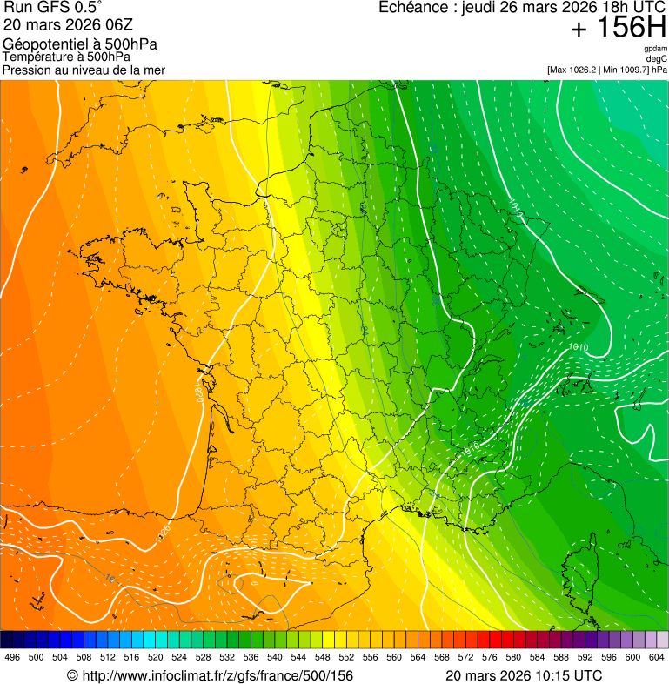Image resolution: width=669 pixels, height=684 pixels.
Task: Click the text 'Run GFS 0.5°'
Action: pos(53,9)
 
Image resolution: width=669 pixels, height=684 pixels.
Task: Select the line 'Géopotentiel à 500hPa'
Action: pos(80,44)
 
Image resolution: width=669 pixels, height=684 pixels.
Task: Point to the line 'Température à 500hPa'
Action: pos(66,57)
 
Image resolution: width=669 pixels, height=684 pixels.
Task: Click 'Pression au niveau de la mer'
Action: pos(84,70)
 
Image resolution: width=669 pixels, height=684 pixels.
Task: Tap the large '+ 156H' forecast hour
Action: pos(619,29)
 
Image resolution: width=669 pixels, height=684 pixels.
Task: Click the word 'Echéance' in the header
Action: pos(412,8)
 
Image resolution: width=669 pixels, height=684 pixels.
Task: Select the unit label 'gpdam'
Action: pos(656,49)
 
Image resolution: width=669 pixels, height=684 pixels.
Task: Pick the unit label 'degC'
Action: pos(657,59)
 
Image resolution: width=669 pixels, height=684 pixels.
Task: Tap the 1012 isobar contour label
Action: pos(516,208)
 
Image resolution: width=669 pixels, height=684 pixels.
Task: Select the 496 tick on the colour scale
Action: pos(12,658)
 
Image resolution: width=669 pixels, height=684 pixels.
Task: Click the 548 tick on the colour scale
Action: pos(322,658)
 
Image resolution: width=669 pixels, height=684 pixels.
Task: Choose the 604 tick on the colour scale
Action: pos(656,658)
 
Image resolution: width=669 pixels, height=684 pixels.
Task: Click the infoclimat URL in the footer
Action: pos(210,675)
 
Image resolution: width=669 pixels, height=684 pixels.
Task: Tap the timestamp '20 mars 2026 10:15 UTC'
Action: pos(523,675)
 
